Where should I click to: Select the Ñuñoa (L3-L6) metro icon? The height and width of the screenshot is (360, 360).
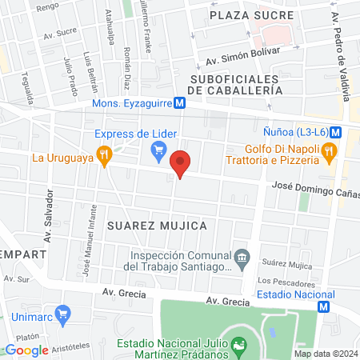pyautogui.click(x=337, y=132)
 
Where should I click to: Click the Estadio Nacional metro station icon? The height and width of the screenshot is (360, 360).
pyautogui.click(x=323, y=306)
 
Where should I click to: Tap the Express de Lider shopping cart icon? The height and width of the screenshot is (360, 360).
pyautogui.click(x=158, y=149)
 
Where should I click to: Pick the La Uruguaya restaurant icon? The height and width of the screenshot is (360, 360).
pyautogui.click(x=103, y=156)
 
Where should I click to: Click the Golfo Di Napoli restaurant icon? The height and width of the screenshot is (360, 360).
pyautogui.click(x=329, y=150)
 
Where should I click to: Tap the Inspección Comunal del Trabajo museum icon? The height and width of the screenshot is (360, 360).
pyautogui.click(x=244, y=257)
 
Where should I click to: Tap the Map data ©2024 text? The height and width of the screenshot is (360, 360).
pyautogui.click(x=325, y=354)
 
